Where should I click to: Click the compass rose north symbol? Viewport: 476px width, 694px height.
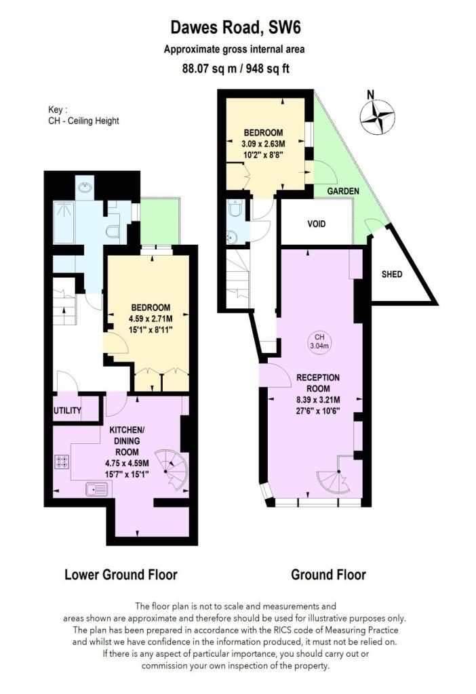[x=377, y=117]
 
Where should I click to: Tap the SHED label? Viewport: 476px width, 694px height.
[x=392, y=274]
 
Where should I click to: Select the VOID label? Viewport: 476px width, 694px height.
[x=316, y=224]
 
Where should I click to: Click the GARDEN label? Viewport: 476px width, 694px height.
[x=343, y=191]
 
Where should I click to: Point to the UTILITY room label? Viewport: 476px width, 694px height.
[x=67, y=411]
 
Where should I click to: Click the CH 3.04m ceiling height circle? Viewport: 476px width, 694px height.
[x=319, y=342]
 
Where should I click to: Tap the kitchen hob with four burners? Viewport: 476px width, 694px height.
[x=62, y=462]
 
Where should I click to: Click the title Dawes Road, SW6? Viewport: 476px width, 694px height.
[x=235, y=28]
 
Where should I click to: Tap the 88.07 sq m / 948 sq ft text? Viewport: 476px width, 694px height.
[x=235, y=68]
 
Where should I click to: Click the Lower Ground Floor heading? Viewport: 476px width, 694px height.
[x=121, y=575]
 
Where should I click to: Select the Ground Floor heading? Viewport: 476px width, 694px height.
[x=329, y=575]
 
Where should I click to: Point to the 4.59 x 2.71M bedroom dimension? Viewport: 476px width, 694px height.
[x=151, y=319]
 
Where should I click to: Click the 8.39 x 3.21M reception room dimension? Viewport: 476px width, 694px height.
[x=318, y=400]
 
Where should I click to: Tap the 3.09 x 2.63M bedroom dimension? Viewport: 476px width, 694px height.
[x=263, y=144]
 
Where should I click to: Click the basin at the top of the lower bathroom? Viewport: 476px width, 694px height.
[x=84, y=188]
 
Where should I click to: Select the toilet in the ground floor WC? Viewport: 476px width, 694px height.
[x=235, y=208]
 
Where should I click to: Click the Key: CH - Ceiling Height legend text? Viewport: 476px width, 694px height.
[x=83, y=115]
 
